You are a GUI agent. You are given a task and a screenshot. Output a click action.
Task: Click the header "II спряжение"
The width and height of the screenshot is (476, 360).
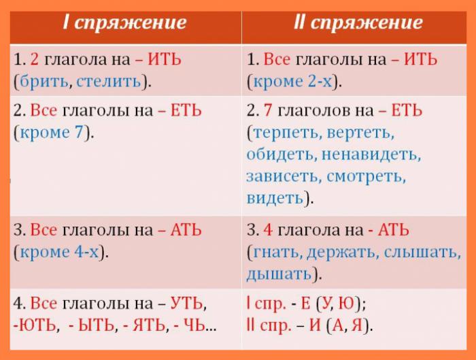[358, 22]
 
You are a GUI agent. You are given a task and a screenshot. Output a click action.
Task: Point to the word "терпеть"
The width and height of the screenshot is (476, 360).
[289, 132]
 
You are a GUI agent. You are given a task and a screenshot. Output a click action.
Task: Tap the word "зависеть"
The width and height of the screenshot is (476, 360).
[283, 176]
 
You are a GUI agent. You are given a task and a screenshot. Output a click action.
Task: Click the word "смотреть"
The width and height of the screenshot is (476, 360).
[367, 176]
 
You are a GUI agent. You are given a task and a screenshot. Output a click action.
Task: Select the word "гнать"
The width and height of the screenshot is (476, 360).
[275, 252]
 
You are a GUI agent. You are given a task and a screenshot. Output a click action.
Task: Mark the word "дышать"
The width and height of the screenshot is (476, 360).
[279, 274]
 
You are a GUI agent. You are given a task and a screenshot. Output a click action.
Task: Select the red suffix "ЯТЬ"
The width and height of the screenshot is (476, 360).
[147, 325]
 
